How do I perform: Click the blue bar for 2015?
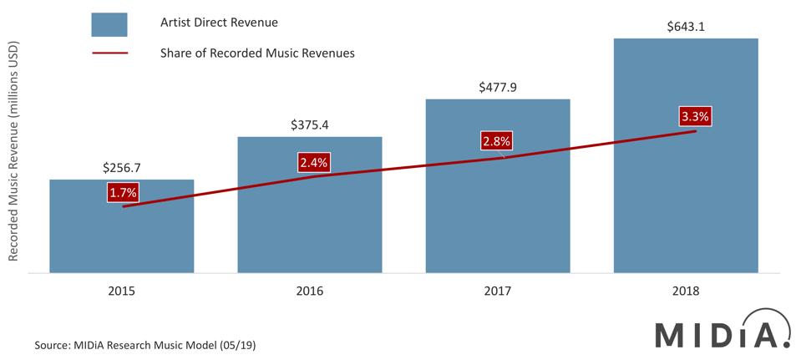[x=122, y=238]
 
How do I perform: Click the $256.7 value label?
[x=122, y=168]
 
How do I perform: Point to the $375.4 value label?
[x=310, y=125]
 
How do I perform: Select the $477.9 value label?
[x=498, y=87]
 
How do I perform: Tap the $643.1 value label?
[x=686, y=27]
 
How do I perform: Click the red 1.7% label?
[x=123, y=194]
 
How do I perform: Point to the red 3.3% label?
[x=695, y=117]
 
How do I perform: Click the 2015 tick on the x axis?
[x=122, y=292]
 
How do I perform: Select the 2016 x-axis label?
[x=310, y=292]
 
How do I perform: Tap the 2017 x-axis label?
[x=498, y=292]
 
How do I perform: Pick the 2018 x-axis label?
[x=686, y=292]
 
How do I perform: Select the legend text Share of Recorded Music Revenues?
[x=257, y=53]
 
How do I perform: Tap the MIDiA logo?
[x=722, y=333]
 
